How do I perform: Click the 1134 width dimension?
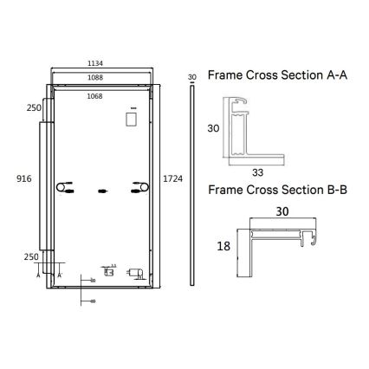click(x=105, y=63)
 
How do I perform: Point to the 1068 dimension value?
click(x=105, y=96)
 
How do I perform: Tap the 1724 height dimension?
click(x=172, y=178)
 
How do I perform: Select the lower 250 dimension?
click(x=31, y=257)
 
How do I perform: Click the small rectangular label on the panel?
click(x=133, y=118)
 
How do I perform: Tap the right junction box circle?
click(x=137, y=189)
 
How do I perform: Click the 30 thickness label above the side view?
click(x=191, y=77)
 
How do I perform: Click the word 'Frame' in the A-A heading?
click(x=226, y=74)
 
